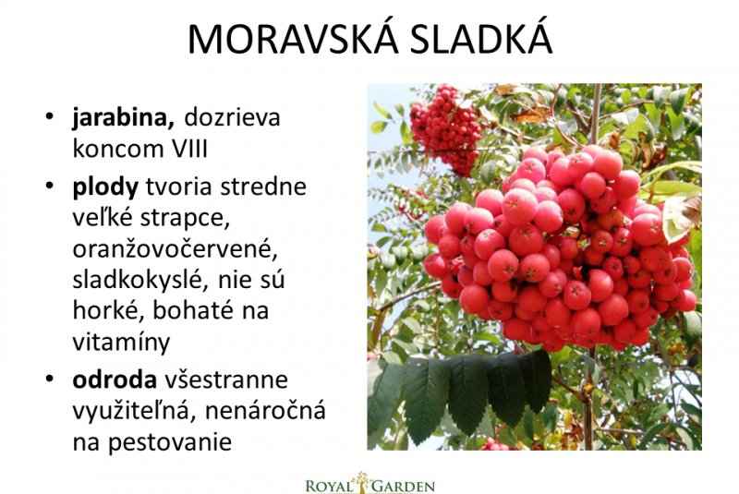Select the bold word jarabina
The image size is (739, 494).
124,118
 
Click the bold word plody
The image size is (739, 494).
105,187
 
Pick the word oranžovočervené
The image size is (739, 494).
175,248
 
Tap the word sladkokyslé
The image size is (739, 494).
140,279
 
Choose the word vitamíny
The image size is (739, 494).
121,343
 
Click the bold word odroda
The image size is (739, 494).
115,380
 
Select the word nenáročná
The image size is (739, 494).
265,410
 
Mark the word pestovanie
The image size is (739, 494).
170,442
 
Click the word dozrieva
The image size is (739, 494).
232,117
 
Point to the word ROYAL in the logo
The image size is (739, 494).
329,486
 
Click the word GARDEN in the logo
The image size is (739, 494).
404,486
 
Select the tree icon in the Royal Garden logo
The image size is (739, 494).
362,481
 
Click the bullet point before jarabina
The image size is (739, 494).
50,115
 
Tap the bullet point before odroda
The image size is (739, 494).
50,379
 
